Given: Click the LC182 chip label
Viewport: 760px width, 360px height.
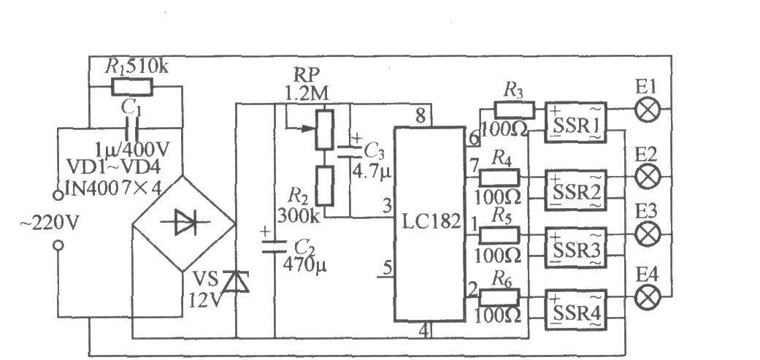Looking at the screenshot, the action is pos(431,222).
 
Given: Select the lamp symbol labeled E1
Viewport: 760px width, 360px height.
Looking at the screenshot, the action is pos(647,110).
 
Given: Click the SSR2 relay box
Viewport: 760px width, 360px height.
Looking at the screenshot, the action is pos(575,191).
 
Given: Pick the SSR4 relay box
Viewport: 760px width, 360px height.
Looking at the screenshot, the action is pos(575,310).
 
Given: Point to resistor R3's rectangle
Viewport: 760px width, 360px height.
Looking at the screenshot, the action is pos(514,110).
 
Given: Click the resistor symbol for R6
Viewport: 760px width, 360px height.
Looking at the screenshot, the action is pos(499,296).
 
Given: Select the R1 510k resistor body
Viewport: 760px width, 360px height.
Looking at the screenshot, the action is pos(132,87).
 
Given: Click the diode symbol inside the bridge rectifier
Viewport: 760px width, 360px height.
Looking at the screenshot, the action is pos(186,223).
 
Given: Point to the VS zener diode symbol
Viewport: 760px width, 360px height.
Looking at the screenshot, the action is pos(236,282).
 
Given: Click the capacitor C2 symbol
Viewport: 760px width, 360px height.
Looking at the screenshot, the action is pos(275,245).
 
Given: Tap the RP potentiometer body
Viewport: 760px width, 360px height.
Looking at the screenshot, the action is pos(325,129).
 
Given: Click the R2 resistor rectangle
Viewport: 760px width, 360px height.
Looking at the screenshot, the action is pos(325,185).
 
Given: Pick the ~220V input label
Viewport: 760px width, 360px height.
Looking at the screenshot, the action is pos(49,224).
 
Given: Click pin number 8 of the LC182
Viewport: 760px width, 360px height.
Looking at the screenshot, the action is pos(420,116).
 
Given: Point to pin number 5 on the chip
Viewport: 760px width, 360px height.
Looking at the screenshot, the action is pos(388,268).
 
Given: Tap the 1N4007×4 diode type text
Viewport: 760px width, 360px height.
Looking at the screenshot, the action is pos(107,186).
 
